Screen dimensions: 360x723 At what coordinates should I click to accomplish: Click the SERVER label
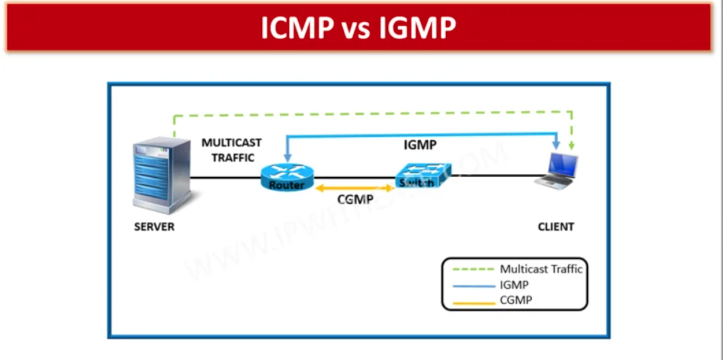tap(154, 227)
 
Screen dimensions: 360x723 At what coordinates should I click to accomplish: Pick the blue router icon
tap(287, 178)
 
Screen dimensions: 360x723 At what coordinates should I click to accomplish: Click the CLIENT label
tap(556, 227)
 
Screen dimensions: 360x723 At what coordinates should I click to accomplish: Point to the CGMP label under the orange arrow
tap(354, 200)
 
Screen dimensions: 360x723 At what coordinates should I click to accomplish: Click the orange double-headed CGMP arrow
tap(354, 189)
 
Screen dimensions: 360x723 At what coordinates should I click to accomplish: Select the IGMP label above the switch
tap(419, 147)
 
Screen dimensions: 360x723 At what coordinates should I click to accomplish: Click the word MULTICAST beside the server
tap(232, 142)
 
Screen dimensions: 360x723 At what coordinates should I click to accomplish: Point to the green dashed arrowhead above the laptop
tap(572, 149)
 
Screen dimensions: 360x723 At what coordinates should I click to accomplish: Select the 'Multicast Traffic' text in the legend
tap(541, 270)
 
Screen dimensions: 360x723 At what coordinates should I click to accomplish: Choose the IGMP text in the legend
tap(515, 284)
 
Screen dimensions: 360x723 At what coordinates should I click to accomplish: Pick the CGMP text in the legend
tap(516, 299)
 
